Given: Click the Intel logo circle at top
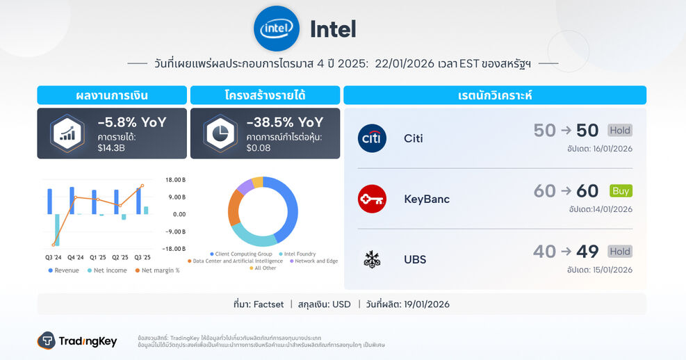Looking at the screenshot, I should pos(277,28).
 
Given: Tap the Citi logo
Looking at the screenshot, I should pos(372,138).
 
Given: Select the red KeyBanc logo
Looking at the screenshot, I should pos(372,199).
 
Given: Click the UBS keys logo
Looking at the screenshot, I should pos(372,259).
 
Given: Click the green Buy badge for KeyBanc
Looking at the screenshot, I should pos(621,190).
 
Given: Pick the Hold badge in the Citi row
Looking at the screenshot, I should pos(620,130).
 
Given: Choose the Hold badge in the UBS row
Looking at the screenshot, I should pos(620,251).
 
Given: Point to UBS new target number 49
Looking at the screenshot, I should pos(587,252).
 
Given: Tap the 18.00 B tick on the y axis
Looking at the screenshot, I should pos(175,179).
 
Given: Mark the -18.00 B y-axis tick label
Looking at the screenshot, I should pos(174,249).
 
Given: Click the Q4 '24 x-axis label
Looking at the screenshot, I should pos(76,257).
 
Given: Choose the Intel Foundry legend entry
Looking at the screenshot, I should pos(298,254).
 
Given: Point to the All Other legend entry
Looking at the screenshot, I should pos(265,268).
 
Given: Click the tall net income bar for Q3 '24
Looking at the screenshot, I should pos(57,229).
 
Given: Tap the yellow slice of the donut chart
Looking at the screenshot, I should pos(257,182).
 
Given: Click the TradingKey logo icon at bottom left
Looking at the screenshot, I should pos(47,341).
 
